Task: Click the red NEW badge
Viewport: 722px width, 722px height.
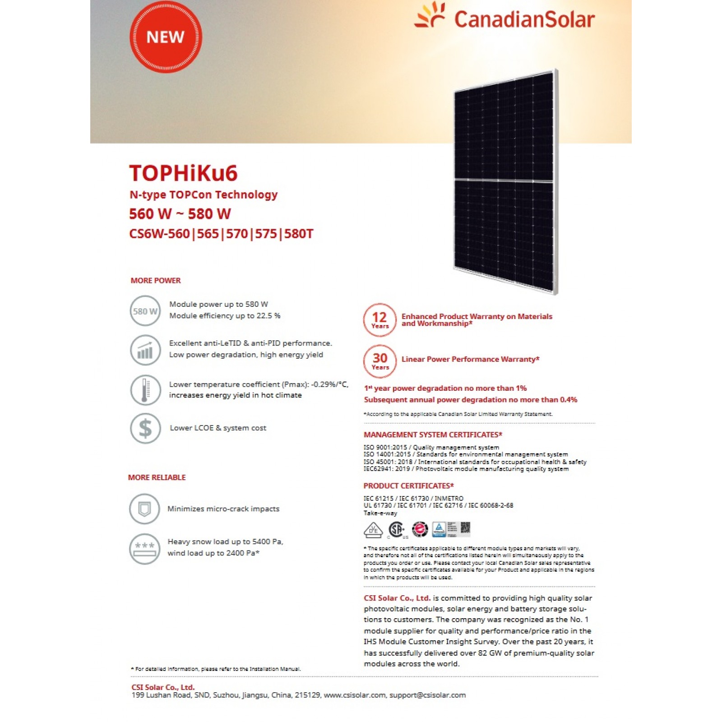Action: [x=166, y=37]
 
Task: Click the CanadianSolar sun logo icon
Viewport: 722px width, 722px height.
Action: [x=430, y=16]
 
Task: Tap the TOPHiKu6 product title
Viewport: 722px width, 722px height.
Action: [x=183, y=173]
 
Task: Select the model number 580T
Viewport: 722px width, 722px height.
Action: [x=299, y=234]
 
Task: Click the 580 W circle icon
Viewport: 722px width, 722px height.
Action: [x=145, y=311]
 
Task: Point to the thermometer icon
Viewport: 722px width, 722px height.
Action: [x=145, y=390]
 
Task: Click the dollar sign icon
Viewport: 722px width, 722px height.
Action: [x=145, y=428]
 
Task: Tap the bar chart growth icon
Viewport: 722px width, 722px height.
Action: [x=145, y=350]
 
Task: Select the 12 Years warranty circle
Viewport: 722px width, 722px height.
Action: [x=380, y=319]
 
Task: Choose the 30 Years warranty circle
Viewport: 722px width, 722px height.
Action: [x=380, y=361]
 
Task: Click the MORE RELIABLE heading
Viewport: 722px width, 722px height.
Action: [x=157, y=477]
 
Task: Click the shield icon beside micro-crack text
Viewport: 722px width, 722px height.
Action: [x=144, y=509]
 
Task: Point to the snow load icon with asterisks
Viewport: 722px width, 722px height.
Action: [x=144, y=549]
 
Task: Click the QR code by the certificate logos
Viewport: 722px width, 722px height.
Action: [x=465, y=528]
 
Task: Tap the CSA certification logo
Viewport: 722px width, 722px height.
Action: [x=397, y=529]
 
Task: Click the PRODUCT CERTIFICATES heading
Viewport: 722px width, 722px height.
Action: [x=408, y=486]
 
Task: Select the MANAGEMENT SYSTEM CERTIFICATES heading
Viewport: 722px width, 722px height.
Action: [x=433, y=435]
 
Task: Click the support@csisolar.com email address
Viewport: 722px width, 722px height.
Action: [x=427, y=695]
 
